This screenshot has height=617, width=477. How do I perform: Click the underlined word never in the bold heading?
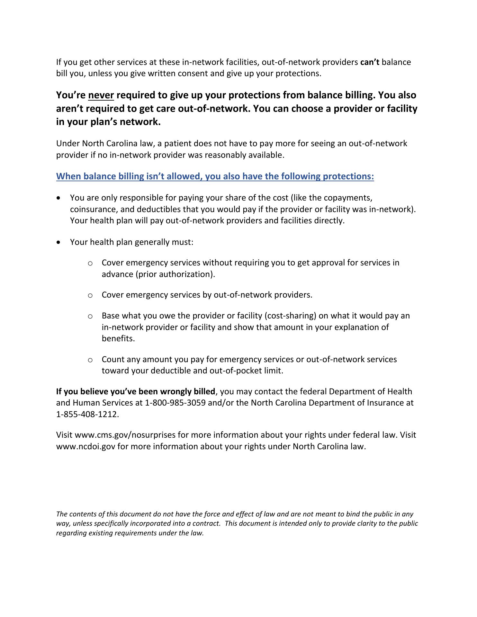(x=101, y=95)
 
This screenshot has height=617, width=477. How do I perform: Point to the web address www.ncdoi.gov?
(x=85, y=446)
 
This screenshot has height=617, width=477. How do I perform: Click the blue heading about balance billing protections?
(x=215, y=176)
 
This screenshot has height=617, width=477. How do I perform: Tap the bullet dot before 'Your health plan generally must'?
(x=58, y=242)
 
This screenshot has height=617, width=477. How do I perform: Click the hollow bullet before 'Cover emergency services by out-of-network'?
(x=90, y=295)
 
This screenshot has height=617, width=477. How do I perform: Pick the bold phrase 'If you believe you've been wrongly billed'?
(x=135, y=391)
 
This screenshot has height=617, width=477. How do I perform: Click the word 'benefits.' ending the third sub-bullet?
(x=118, y=338)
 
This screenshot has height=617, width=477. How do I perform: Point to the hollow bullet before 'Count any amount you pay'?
(x=90, y=360)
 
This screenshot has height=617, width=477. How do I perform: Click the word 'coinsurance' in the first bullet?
(x=91, y=209)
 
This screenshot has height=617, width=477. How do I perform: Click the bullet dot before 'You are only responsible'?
(x=58, y=198)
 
